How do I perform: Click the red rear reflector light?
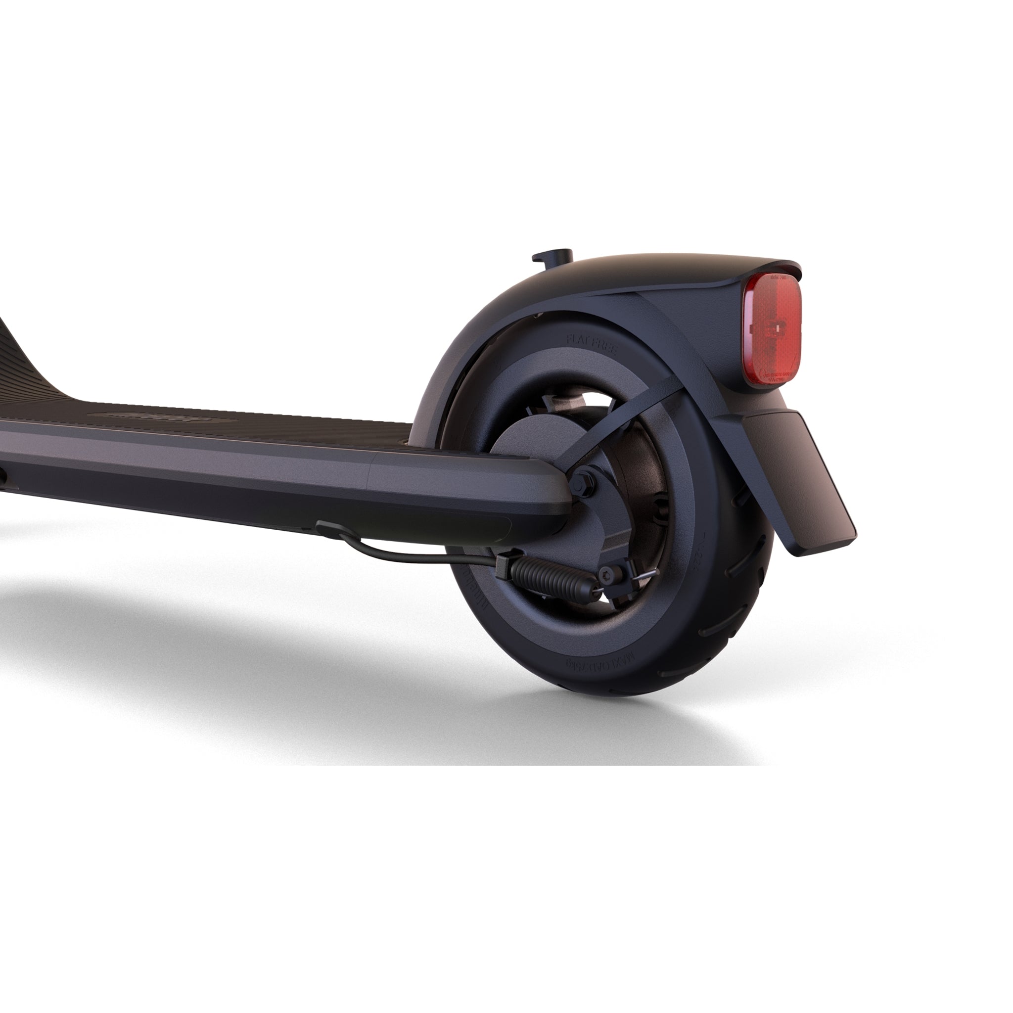pyautogui.click(x=772, y=330)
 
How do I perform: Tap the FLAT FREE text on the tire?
pyautogui.click(x=592, y=343)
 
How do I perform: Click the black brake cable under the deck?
pyautogui.click(x=419, y=558)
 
